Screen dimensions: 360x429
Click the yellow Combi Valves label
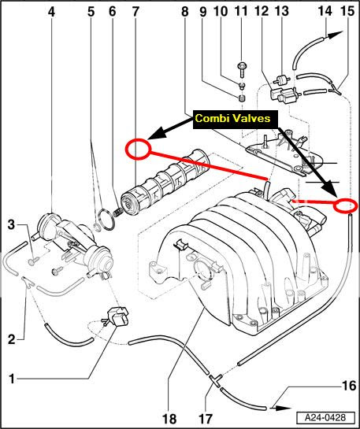233,119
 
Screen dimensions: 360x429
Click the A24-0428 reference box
325,418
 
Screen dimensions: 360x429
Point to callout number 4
51,12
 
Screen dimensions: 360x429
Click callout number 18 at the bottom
169,418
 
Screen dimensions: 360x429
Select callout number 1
12,379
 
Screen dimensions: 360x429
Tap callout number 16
349,386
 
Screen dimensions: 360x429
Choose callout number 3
11,225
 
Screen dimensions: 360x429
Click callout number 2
11,339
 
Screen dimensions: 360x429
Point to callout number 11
241,12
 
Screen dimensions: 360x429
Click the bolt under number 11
242,70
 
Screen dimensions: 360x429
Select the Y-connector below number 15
336,90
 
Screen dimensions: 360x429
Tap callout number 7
135,12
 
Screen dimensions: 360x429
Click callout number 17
205,418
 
